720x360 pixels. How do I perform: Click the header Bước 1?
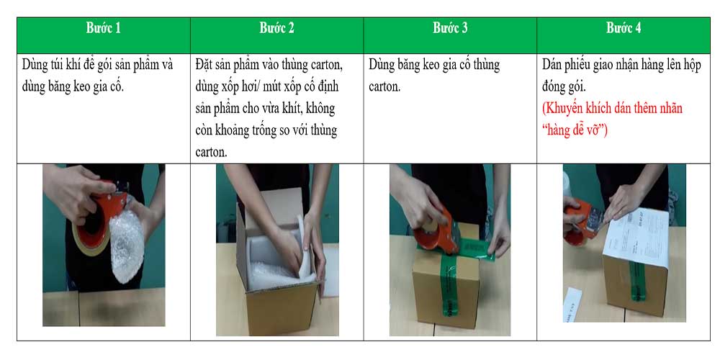(x=104, y=29)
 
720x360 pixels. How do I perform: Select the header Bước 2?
(x=276, y=29)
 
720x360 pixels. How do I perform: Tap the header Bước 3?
(x=450, y=29)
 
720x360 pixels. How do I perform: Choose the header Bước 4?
(x=624, y=29)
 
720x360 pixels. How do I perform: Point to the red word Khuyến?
(x=567, y=109)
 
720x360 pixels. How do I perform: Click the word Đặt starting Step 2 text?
(x=206, y=66)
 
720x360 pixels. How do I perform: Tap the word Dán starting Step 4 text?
(x=554, y=66)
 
